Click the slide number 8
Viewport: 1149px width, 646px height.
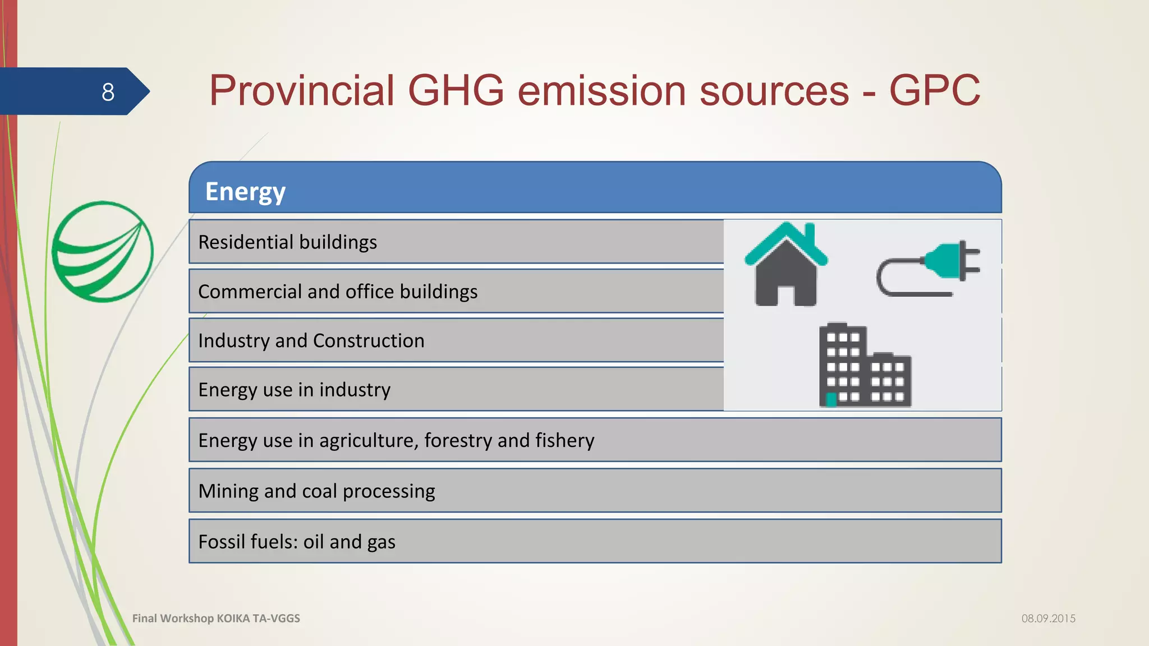coord(108,92)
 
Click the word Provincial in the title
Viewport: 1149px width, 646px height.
coord(302,91)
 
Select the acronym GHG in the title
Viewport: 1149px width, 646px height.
coord(455,91)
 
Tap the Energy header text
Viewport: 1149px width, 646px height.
coord(245,192)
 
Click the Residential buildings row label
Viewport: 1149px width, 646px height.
coord(287,242)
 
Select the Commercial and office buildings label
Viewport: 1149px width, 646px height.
coord(338,292)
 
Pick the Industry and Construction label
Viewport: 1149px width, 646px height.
coord(311,341)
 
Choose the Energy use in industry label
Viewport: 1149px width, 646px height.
coord(294,390)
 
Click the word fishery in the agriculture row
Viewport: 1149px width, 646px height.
coord(564,441)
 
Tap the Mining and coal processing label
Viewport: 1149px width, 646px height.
coord(316,491)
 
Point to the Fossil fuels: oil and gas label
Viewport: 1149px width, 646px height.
coord(297,542)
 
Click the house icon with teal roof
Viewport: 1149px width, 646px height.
coord(785,265)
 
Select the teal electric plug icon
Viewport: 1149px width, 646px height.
coord(929,268)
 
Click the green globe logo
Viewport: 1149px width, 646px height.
coord(102,252)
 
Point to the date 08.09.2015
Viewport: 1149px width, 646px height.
coord(1048,619)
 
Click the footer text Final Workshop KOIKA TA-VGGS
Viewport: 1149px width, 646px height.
coord(216,619)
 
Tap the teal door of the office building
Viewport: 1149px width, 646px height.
coord(831,399)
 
